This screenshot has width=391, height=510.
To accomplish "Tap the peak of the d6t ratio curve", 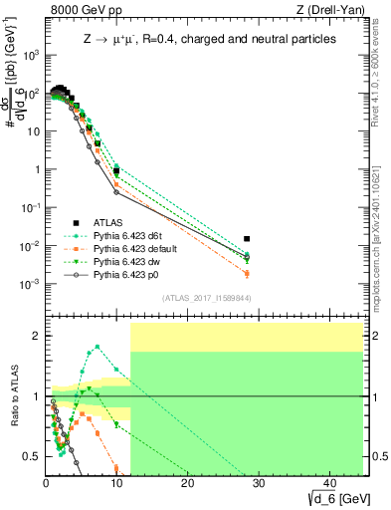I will coord(97,347).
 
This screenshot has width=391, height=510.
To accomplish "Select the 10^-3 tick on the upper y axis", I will coord(30,284).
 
